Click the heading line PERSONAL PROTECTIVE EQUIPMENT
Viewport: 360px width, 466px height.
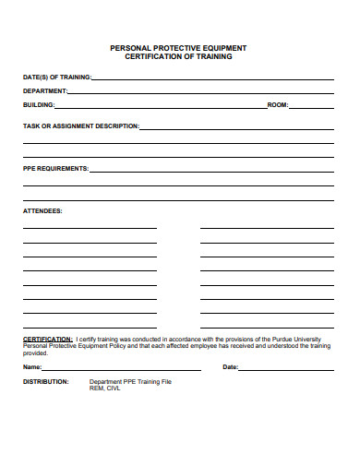coord(178,47)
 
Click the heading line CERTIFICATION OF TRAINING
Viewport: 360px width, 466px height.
coord(178,56)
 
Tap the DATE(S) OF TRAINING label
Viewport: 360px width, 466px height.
coord(57,78)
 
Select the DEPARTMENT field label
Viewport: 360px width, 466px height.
coord(45,91)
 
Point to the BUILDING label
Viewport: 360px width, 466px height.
coord(39,105)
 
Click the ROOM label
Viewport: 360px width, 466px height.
coord(278,105)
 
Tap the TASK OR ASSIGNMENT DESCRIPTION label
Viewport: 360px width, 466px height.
coord(81,125)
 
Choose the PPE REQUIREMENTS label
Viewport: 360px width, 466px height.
coord(56,169)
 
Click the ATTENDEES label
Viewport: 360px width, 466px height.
coord(42,211)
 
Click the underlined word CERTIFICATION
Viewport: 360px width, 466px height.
coord(47,339)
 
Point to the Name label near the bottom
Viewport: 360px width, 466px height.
coord(32,367)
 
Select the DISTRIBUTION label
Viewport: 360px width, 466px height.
coord(45,381)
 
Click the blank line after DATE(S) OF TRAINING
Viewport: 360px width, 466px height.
coord(212,80)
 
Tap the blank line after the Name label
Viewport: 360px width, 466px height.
coord(129,369)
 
